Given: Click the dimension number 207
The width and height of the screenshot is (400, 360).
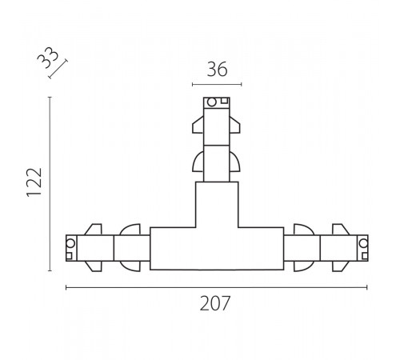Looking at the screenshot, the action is tap(214, 303).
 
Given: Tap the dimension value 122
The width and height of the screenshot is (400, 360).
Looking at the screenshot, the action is tap(34, 182).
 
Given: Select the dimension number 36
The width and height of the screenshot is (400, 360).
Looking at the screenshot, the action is tap(217, 70).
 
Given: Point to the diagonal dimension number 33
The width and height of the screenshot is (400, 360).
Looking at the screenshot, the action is tap(48, 58).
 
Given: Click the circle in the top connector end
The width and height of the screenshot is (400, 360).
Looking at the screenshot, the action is tap(212, 102).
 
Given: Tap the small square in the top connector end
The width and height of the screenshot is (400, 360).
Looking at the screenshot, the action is tap(224, 101).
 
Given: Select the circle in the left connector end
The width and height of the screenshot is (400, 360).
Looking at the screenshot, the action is tap(70, 243).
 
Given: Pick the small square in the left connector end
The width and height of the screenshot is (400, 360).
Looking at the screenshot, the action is tap(69, 256).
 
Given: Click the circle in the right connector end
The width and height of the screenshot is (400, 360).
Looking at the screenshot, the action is tap(363, 243).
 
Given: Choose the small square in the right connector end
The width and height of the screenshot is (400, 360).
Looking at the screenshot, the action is tap(365, 256).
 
